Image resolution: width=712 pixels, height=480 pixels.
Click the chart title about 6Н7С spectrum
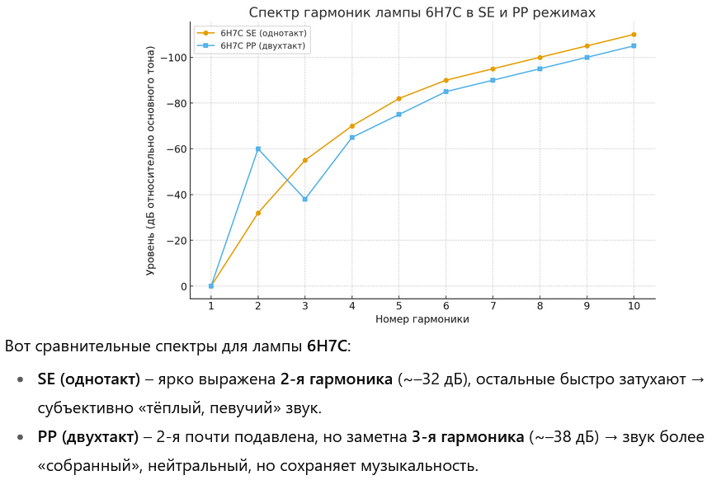tap(422, 12)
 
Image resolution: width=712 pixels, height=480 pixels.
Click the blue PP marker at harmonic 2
tap(258, 148)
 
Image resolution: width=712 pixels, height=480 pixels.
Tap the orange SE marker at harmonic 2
tap(258, 213)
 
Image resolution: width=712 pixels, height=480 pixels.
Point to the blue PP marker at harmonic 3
tap(305, 199)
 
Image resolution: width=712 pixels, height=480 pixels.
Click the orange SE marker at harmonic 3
tap(305, 160)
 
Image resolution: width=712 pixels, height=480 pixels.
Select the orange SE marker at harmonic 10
tap(634, 35)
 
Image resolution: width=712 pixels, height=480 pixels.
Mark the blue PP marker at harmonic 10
tap(634, 45)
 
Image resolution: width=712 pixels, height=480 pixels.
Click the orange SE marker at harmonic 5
tap(399, 98)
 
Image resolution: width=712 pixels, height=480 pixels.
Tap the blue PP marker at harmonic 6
tap(446, 92)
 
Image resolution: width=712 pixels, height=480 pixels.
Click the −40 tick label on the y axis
tap(176, 195)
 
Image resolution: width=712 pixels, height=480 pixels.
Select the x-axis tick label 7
tap(493, 306)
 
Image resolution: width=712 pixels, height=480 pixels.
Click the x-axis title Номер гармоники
tap(422, 319)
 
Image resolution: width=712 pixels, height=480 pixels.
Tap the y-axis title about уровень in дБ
tap(150, 160)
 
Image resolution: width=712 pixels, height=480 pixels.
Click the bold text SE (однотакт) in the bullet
tap(89, 380)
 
